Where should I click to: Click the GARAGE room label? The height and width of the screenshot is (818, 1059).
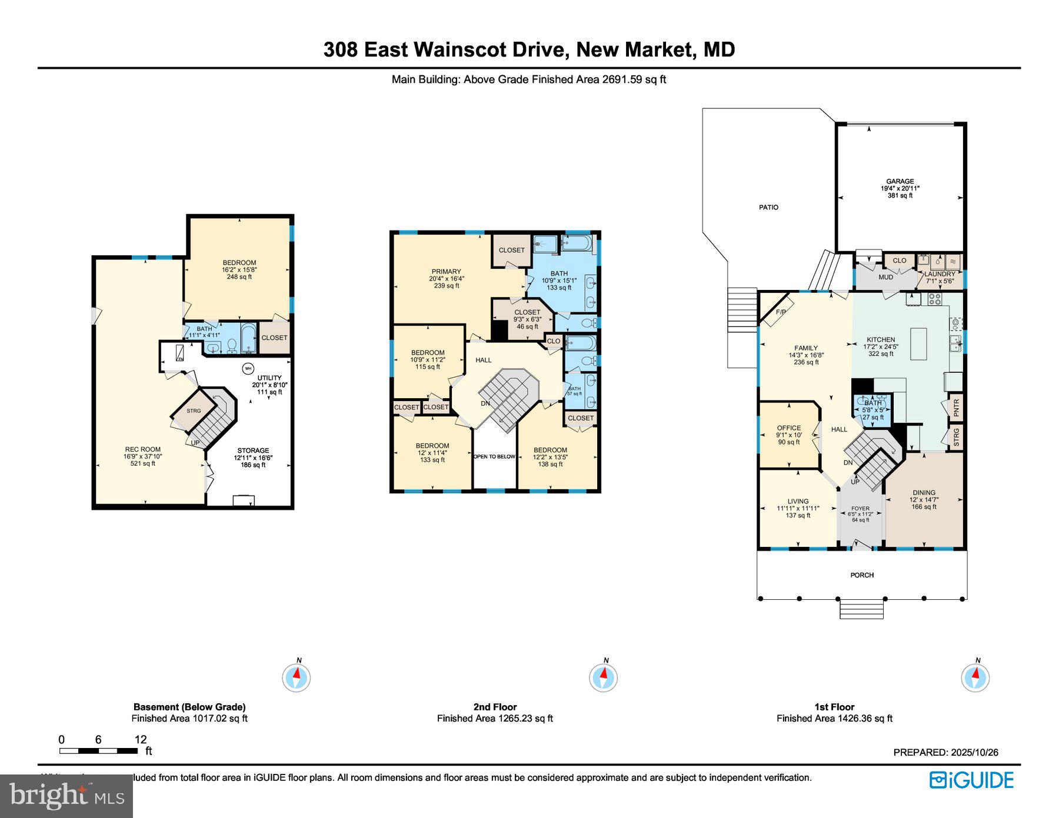click(x=900, y=182)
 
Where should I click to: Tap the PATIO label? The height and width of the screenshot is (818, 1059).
click(x=768, y=207)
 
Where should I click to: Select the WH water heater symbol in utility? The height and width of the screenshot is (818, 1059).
click(x=248, y=369)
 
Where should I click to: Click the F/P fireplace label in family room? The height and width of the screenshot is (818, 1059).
click(x=781, y=312)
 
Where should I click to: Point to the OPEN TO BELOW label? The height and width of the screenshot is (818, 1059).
click(x=494, y=456)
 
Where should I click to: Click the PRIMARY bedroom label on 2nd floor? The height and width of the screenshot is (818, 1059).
click(x=446, y=272)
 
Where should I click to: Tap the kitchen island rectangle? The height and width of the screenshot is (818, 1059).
click(x=918, y=344)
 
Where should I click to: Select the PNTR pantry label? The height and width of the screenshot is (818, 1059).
click(x=956, y=408)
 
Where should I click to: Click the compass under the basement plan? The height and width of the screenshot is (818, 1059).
click(x=297, y=677)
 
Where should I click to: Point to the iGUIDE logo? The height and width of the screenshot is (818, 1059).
click(x=971, y=780)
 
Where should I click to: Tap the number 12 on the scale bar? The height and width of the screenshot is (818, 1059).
click(x=140, y=739)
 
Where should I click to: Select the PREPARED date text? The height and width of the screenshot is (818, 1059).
click(x=945, y=752)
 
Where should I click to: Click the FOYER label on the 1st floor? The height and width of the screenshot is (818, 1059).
click(x=860, y=509)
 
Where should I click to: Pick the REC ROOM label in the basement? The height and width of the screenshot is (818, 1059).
click(x=142, y=449)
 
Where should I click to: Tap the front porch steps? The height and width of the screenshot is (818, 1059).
click(x=861, y=609)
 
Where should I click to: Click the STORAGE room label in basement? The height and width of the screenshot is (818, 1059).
click(x=253, y=450)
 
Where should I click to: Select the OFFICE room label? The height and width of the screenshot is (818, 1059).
click(x=788, y=428)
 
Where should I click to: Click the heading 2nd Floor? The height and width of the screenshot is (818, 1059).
click(x=495, y=707)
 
